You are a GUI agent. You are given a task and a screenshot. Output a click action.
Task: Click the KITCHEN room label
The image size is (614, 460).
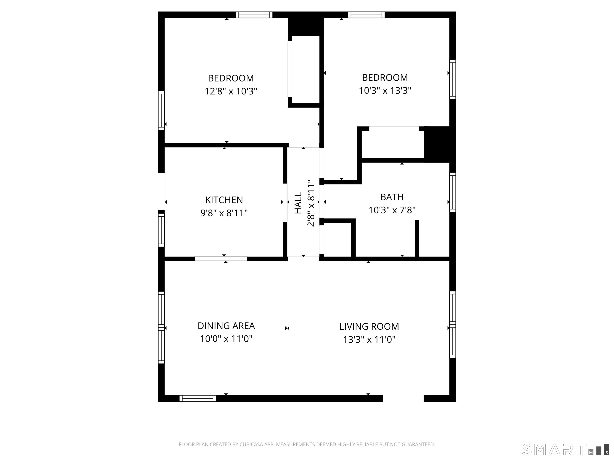tap(224, 200)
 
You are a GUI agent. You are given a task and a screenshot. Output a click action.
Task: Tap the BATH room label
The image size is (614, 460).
tap(392, 197)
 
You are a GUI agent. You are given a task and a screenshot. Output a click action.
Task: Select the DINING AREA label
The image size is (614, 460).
tap(226, 326)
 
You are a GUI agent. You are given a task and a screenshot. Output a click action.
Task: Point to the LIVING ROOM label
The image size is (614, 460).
tap(369, 327)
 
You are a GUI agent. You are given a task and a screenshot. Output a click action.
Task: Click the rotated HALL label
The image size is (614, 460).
tap(298, 203)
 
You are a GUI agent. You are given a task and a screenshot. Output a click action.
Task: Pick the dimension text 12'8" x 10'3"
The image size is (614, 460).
tap(231, 91)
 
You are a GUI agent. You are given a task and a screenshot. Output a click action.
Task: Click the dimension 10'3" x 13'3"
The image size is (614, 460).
tap(385, 91)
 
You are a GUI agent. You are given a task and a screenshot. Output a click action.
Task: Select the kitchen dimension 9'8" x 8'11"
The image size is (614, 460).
tap(224, 213)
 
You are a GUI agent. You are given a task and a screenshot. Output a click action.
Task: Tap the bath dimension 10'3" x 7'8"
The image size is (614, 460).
tap(392, 210)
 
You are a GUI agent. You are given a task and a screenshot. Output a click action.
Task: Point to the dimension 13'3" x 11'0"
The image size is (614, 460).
tap(369, 340)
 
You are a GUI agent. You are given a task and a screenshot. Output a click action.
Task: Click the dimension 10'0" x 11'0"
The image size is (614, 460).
tap(226, 339)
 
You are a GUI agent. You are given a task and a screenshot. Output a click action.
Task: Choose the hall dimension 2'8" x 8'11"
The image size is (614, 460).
tap(311, 203)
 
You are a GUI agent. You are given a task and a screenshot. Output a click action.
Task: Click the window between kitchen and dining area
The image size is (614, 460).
tap(221, 259)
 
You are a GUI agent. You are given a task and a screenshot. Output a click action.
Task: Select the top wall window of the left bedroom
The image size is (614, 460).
tap(254, 15)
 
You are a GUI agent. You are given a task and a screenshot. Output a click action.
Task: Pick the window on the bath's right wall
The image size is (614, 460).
tap(453, 192)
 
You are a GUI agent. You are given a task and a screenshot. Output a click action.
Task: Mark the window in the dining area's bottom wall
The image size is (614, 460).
tap(198, 399)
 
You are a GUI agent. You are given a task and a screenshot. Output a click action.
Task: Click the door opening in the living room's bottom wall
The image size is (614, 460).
tap(403, 399)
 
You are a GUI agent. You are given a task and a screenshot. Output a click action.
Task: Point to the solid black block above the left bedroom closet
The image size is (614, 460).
tap(306, 27)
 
